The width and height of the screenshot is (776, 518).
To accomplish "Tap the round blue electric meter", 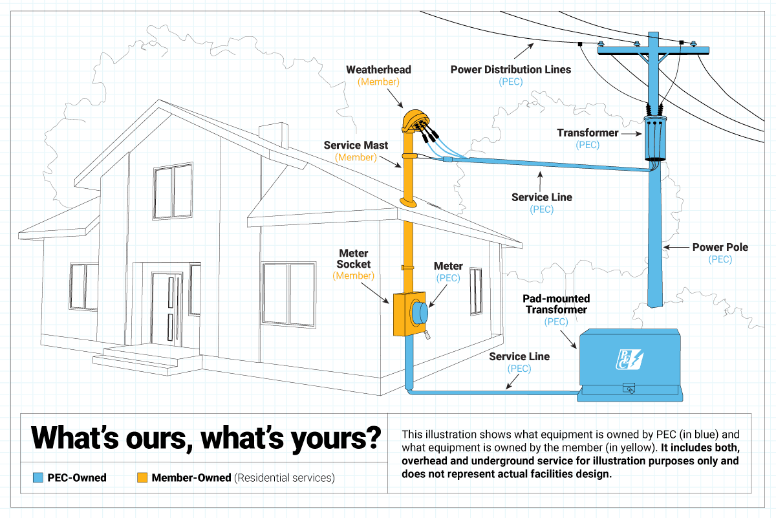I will click(x=420, y=314).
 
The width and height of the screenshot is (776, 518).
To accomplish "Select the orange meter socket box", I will click(x=402, y=315).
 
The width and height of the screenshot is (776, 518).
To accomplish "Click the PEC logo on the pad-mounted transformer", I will click(x=627, y=358).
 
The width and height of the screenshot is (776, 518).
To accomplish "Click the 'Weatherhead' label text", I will click(x=378, y=70).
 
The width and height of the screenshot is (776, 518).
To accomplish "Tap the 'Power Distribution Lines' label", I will click(x=510, y=70).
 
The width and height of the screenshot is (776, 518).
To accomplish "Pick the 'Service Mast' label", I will click(x=356, y=146).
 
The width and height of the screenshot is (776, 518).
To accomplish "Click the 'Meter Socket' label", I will click(x=353, y=259).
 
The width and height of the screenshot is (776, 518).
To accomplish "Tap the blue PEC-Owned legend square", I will click(x=37, y=479).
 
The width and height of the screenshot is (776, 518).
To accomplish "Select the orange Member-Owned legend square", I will click(x=142, y=479).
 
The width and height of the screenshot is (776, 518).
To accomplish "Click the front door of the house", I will click(x=162, y=311).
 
